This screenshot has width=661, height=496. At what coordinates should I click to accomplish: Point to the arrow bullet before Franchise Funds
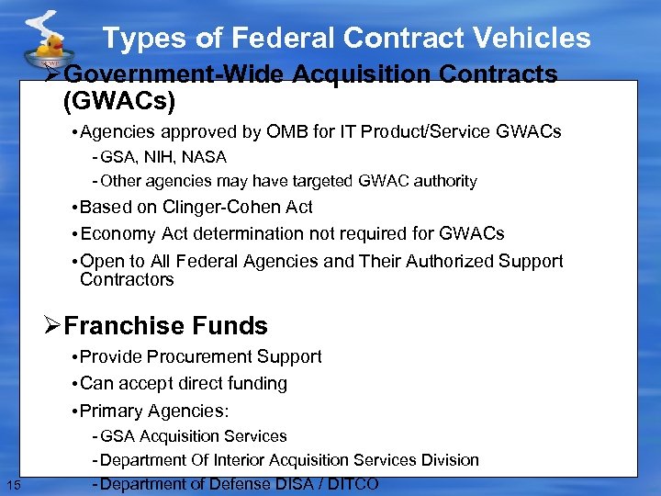[52, 326]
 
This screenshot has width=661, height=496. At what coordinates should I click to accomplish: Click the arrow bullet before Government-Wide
[54, 74]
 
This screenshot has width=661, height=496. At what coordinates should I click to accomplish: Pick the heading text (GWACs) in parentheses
[118, 100]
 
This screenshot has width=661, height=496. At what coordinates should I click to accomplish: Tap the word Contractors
[127, 279]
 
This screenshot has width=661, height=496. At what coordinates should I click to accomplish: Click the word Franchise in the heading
[112, 326]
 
